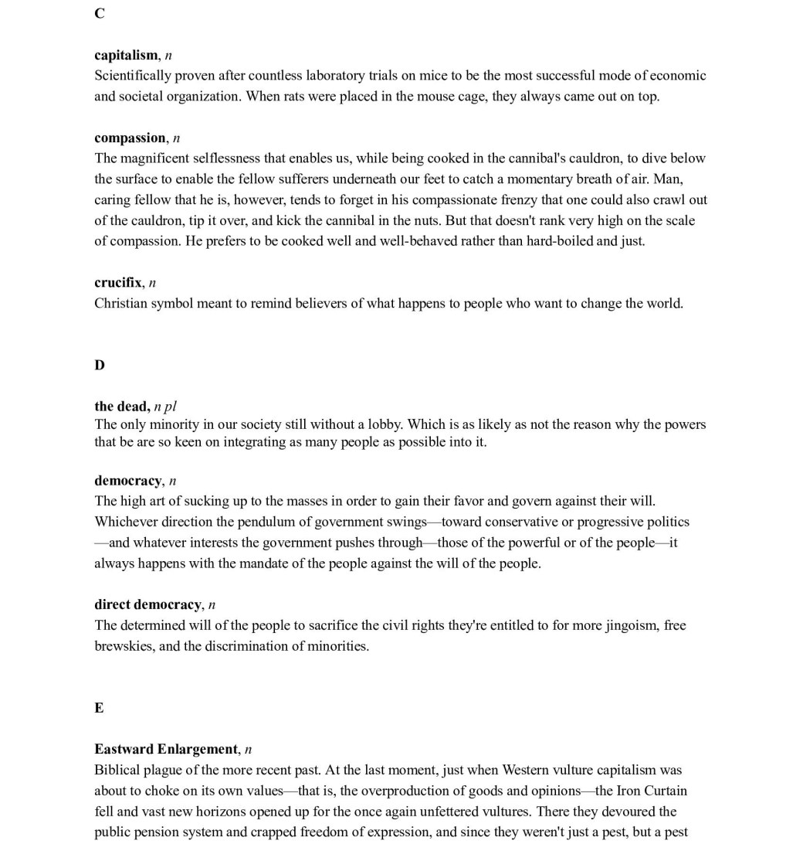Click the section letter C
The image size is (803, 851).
[100, 13]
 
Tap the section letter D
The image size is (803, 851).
[100, 365]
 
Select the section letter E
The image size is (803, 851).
[99, 708]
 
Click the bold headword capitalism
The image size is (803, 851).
[126, 55]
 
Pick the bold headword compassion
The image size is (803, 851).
[130, 138]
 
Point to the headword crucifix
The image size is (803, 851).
[117, 282]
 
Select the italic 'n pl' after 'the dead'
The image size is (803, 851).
[165, 407]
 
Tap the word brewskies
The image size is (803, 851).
[124, 646]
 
